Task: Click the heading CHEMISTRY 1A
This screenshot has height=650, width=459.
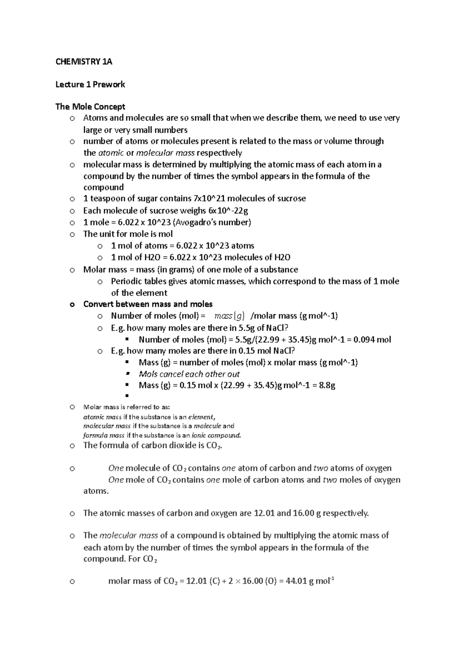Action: point(84,62)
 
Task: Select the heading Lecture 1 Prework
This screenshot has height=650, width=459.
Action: point(90,85)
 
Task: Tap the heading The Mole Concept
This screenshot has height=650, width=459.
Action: point(90,107)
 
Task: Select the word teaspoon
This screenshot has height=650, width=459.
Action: point(106,199)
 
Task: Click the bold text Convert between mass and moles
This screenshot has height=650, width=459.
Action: point(148,304)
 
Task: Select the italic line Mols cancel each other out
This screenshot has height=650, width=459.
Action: point(189,374)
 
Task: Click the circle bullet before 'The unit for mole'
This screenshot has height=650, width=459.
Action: point(72,234)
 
